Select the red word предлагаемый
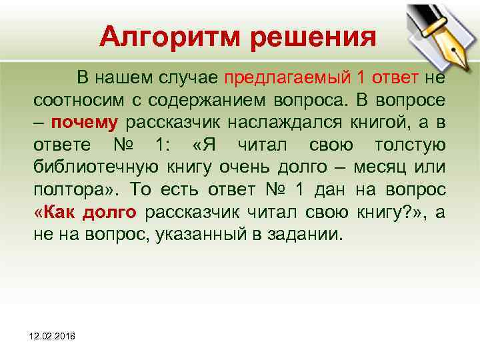point(286,77)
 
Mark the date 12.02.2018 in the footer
point(53,339)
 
